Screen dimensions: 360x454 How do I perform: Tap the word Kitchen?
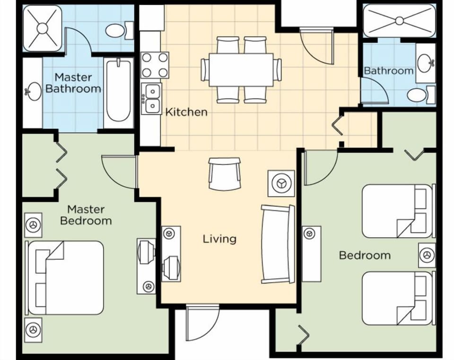[x=186, y=112]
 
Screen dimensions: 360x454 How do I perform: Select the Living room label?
[x=219, y=239]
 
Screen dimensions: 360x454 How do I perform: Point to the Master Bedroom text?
[x=86, y=214]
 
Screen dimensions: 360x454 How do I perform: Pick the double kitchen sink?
[x=152, y=98]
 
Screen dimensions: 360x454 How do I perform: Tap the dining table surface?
[x=241, y=70]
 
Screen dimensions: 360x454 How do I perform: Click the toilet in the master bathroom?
[x=115, y=31]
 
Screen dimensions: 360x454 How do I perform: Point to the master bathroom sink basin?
[x=33, y=89]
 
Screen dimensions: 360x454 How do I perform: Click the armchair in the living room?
[x=225, y=174]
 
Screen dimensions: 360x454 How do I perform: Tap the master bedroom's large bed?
[x=66, y=277]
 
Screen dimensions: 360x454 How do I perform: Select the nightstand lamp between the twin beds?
[x=427, y=255]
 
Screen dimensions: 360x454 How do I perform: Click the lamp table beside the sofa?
[x=281, y=183]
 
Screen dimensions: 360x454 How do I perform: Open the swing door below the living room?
[x=202, y=323]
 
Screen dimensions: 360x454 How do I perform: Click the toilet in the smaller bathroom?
[x=417, y=95]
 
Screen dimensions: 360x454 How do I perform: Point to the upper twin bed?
[x=396, y=211]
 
